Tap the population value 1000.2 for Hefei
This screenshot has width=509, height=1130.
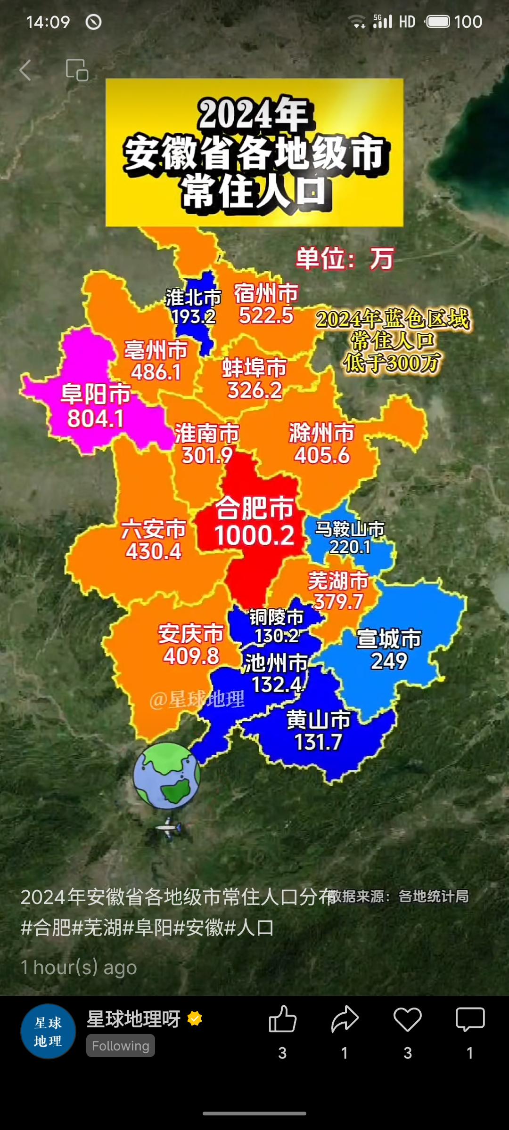(254, 536)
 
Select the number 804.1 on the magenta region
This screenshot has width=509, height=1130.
(96, 419)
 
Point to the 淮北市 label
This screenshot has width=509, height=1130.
(193, 297)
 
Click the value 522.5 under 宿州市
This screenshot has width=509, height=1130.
(266, 315)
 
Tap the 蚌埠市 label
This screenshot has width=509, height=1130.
(254, 368)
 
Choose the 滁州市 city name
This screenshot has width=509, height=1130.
(321, 432)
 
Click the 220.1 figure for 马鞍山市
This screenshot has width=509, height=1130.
(350, 547)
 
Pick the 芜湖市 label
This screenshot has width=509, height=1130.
(338, 581)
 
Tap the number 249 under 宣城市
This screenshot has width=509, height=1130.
(389, 661)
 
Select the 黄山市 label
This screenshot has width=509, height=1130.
(319, 719)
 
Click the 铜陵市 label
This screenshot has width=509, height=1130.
(277, 616)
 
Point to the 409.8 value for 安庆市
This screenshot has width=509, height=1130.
(191, 656)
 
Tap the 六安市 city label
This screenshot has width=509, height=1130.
(154, 529)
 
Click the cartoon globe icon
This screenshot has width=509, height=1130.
(167, 775)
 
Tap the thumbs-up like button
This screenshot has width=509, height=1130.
(282, 1019)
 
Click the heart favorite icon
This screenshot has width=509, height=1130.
(407, 1019)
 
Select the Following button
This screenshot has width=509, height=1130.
(121, 1046)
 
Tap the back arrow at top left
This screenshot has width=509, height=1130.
(25, 70)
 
